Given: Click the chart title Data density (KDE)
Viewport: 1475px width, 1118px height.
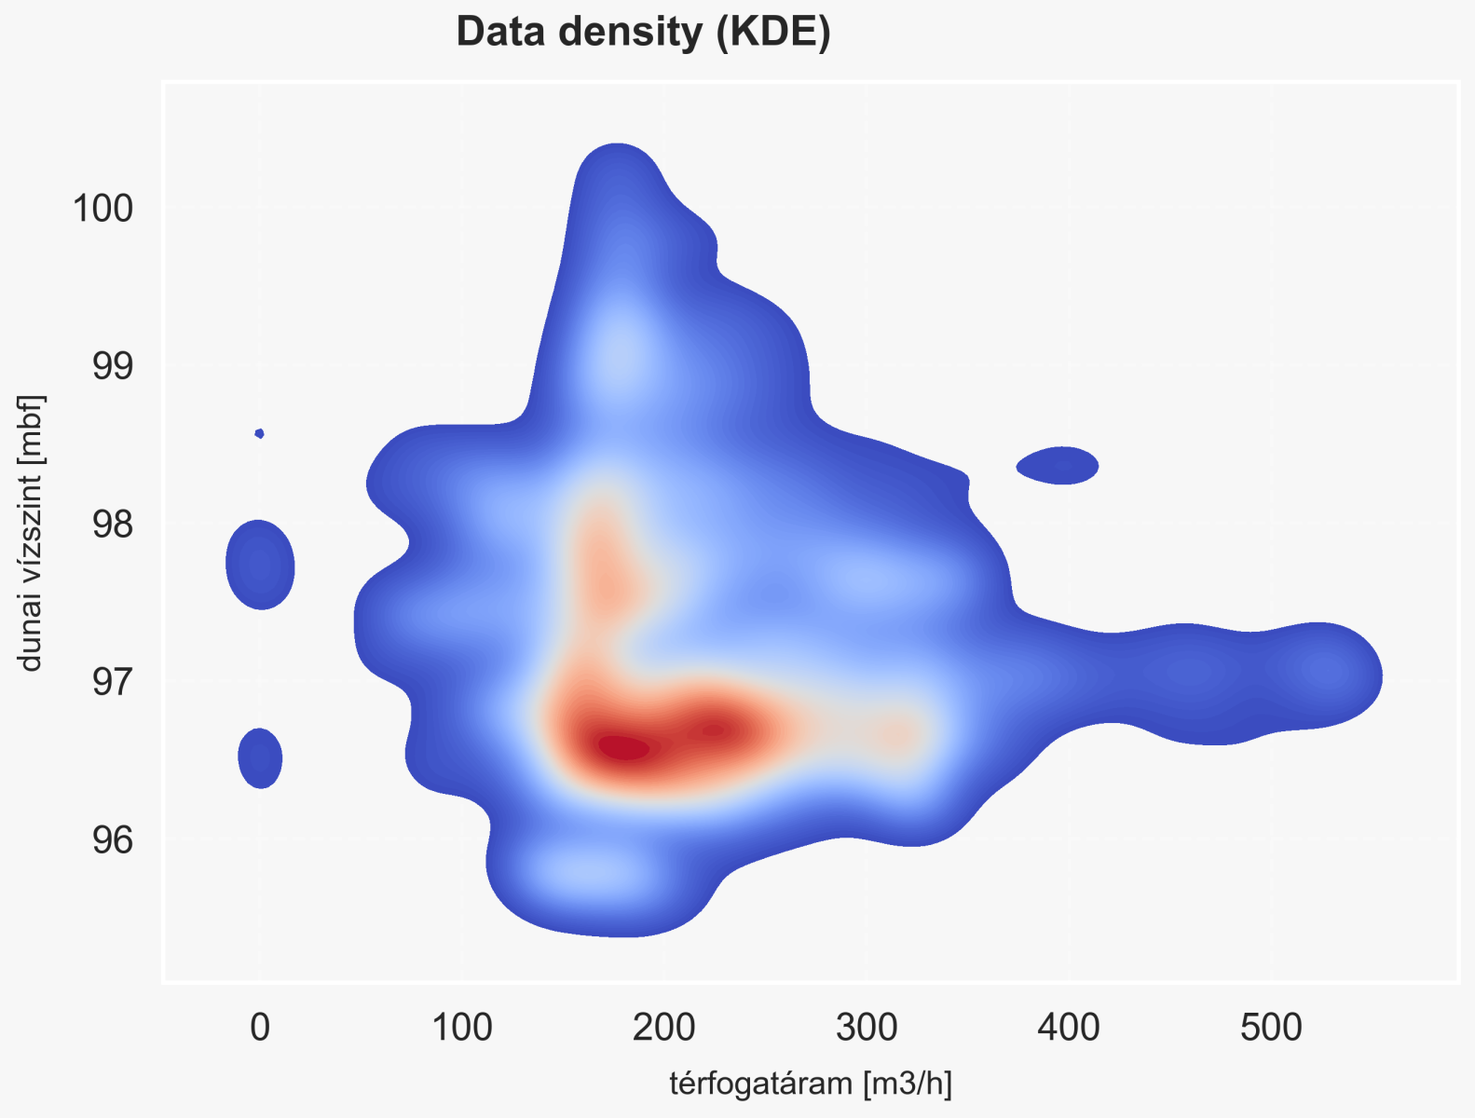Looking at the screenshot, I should (x=643, y=33).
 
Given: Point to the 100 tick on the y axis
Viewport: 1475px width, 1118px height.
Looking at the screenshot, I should (x=102, y=208).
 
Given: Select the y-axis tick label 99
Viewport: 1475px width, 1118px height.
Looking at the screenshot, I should (x=112, y=366).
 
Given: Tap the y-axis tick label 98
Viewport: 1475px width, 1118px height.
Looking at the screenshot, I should (x=112, y=525).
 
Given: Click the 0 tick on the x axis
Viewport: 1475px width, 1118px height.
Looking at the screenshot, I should (x=260, y=1028).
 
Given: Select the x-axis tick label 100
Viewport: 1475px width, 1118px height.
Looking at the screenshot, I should (x=462, y=1028).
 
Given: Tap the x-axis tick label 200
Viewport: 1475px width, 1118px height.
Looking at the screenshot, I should (x=664, y=1028).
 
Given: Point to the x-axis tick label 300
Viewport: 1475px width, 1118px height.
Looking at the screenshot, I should (x=867, y=1028).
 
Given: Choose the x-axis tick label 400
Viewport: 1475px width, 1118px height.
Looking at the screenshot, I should (x=1069, y=1028).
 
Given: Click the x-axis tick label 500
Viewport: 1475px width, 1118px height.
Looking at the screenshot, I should (x=1271, y=1028).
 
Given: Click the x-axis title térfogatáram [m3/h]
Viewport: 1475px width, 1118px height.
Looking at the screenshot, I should (x=811, y=1084).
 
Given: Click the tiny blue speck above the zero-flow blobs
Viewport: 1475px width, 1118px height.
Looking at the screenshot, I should (x=260, y=433).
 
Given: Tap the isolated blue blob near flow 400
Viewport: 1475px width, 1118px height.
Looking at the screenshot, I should (x=1058, y=465).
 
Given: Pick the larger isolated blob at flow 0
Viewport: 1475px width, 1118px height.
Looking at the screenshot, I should (x=260, y=565).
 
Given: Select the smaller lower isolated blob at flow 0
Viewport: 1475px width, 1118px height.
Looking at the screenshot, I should (x=260, y=757).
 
